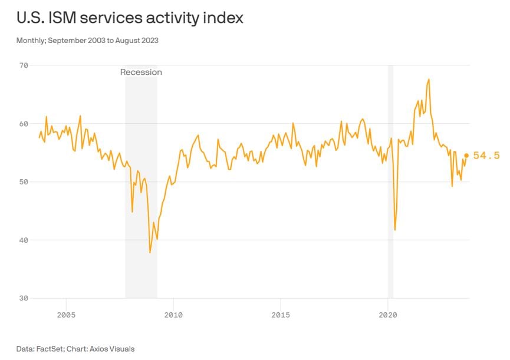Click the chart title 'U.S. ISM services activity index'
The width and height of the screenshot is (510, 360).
tap(130, 18)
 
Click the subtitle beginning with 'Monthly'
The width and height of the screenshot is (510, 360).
tap(87, 41)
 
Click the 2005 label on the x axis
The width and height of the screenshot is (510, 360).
tap(66, 314)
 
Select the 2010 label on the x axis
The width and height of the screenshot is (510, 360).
tap(173, 314)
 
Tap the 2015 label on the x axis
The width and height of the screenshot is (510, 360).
tap(281, 314)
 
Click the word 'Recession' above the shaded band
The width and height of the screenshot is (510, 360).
tap(141, 72)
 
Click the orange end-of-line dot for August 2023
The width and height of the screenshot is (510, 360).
tap(466, 156)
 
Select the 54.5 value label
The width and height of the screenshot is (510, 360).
tap(486, 156)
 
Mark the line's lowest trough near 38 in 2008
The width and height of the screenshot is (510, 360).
tap(150, 252)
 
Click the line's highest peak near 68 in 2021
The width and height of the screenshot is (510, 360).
tap(429, 79)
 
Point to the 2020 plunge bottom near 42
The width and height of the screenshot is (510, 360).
tap(394, 230)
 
